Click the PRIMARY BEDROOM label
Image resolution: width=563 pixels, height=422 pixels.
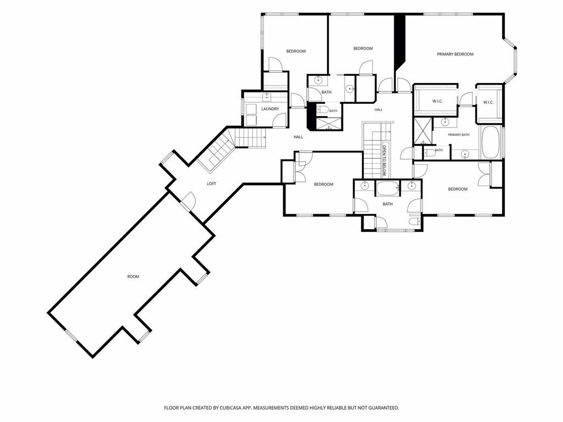(455, 54)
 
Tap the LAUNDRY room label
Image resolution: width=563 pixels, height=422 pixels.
(270, 109)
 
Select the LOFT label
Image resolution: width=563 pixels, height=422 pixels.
(212, 184)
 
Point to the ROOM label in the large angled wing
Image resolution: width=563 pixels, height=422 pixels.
(133, 277)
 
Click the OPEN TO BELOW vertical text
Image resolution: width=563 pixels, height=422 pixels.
(384, 160)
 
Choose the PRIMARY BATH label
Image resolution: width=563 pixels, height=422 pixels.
(459, 135)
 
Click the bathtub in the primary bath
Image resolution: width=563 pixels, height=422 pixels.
(490, 142)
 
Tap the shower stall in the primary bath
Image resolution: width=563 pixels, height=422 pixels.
(422, 131)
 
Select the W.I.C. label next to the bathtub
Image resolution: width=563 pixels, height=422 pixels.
(488, 102)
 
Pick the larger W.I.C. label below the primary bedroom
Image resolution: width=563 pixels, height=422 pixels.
(437, 101)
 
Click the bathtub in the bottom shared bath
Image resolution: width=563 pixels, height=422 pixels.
(388, 188)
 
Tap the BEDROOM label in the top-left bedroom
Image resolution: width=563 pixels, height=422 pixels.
(296, 51)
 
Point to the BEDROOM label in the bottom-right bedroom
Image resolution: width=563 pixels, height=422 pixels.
(458, 189)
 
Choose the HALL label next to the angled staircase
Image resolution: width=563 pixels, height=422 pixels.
(299, 137)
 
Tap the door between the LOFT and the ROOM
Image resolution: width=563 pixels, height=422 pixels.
(188, 201)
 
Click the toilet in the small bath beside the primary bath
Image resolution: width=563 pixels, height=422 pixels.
(429, 153)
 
